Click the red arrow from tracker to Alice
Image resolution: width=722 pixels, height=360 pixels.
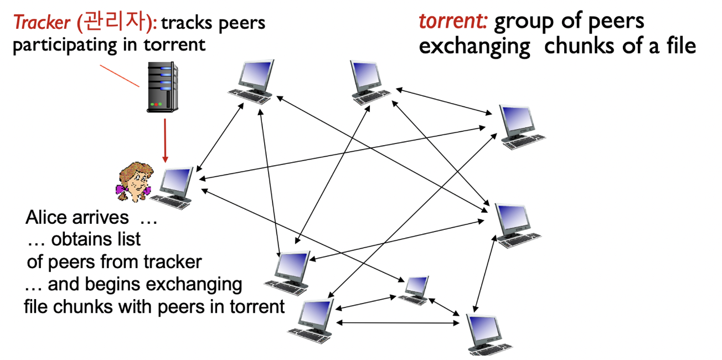tap(164, 139)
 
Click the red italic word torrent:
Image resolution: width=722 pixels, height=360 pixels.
tap(452, 21)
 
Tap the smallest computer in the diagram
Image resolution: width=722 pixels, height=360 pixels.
tap(415, 287)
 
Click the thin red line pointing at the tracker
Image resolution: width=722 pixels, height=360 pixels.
tap(119, 75)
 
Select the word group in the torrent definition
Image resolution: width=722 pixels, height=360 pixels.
tap(524, 22)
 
